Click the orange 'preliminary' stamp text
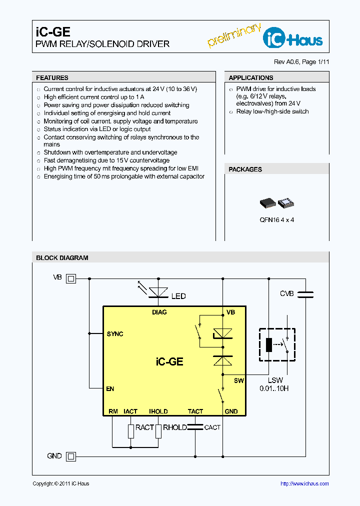click(x=233, y=35)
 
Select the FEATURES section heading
click(x=52, y=78)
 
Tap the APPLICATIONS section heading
click(x=250, y=78)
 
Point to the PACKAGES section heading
click(x=245, y=169)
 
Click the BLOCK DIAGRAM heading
click(x=62, y=258)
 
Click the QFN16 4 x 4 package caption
click(x=276, y=220)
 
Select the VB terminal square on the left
click(x=71, y=278)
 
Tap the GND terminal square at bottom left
click(x=71, y=456)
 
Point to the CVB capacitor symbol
click(x=304, y=294)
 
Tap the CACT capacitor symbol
click(x=195, y=427)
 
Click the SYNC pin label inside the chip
click(x=115, y=334)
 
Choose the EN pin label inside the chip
click(x=110, y=388)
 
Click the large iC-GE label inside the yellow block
click(x=169, y=361)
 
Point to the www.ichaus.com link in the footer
click(x=304, y=483)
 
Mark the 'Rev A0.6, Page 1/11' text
click(x=301, y=62)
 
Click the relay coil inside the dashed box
click(x=269, y=344)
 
